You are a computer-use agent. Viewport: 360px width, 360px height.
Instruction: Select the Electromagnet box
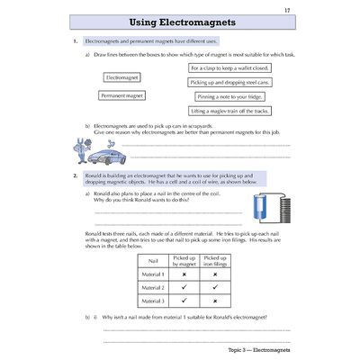coord(122,79)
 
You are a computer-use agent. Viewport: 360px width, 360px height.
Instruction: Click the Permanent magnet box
coord(121,94)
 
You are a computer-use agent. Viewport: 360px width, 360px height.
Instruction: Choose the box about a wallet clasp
coord(232,67)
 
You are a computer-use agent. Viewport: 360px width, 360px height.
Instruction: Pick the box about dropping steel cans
coord(232,81)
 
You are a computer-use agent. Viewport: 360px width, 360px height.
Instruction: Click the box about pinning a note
coord(232,95)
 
